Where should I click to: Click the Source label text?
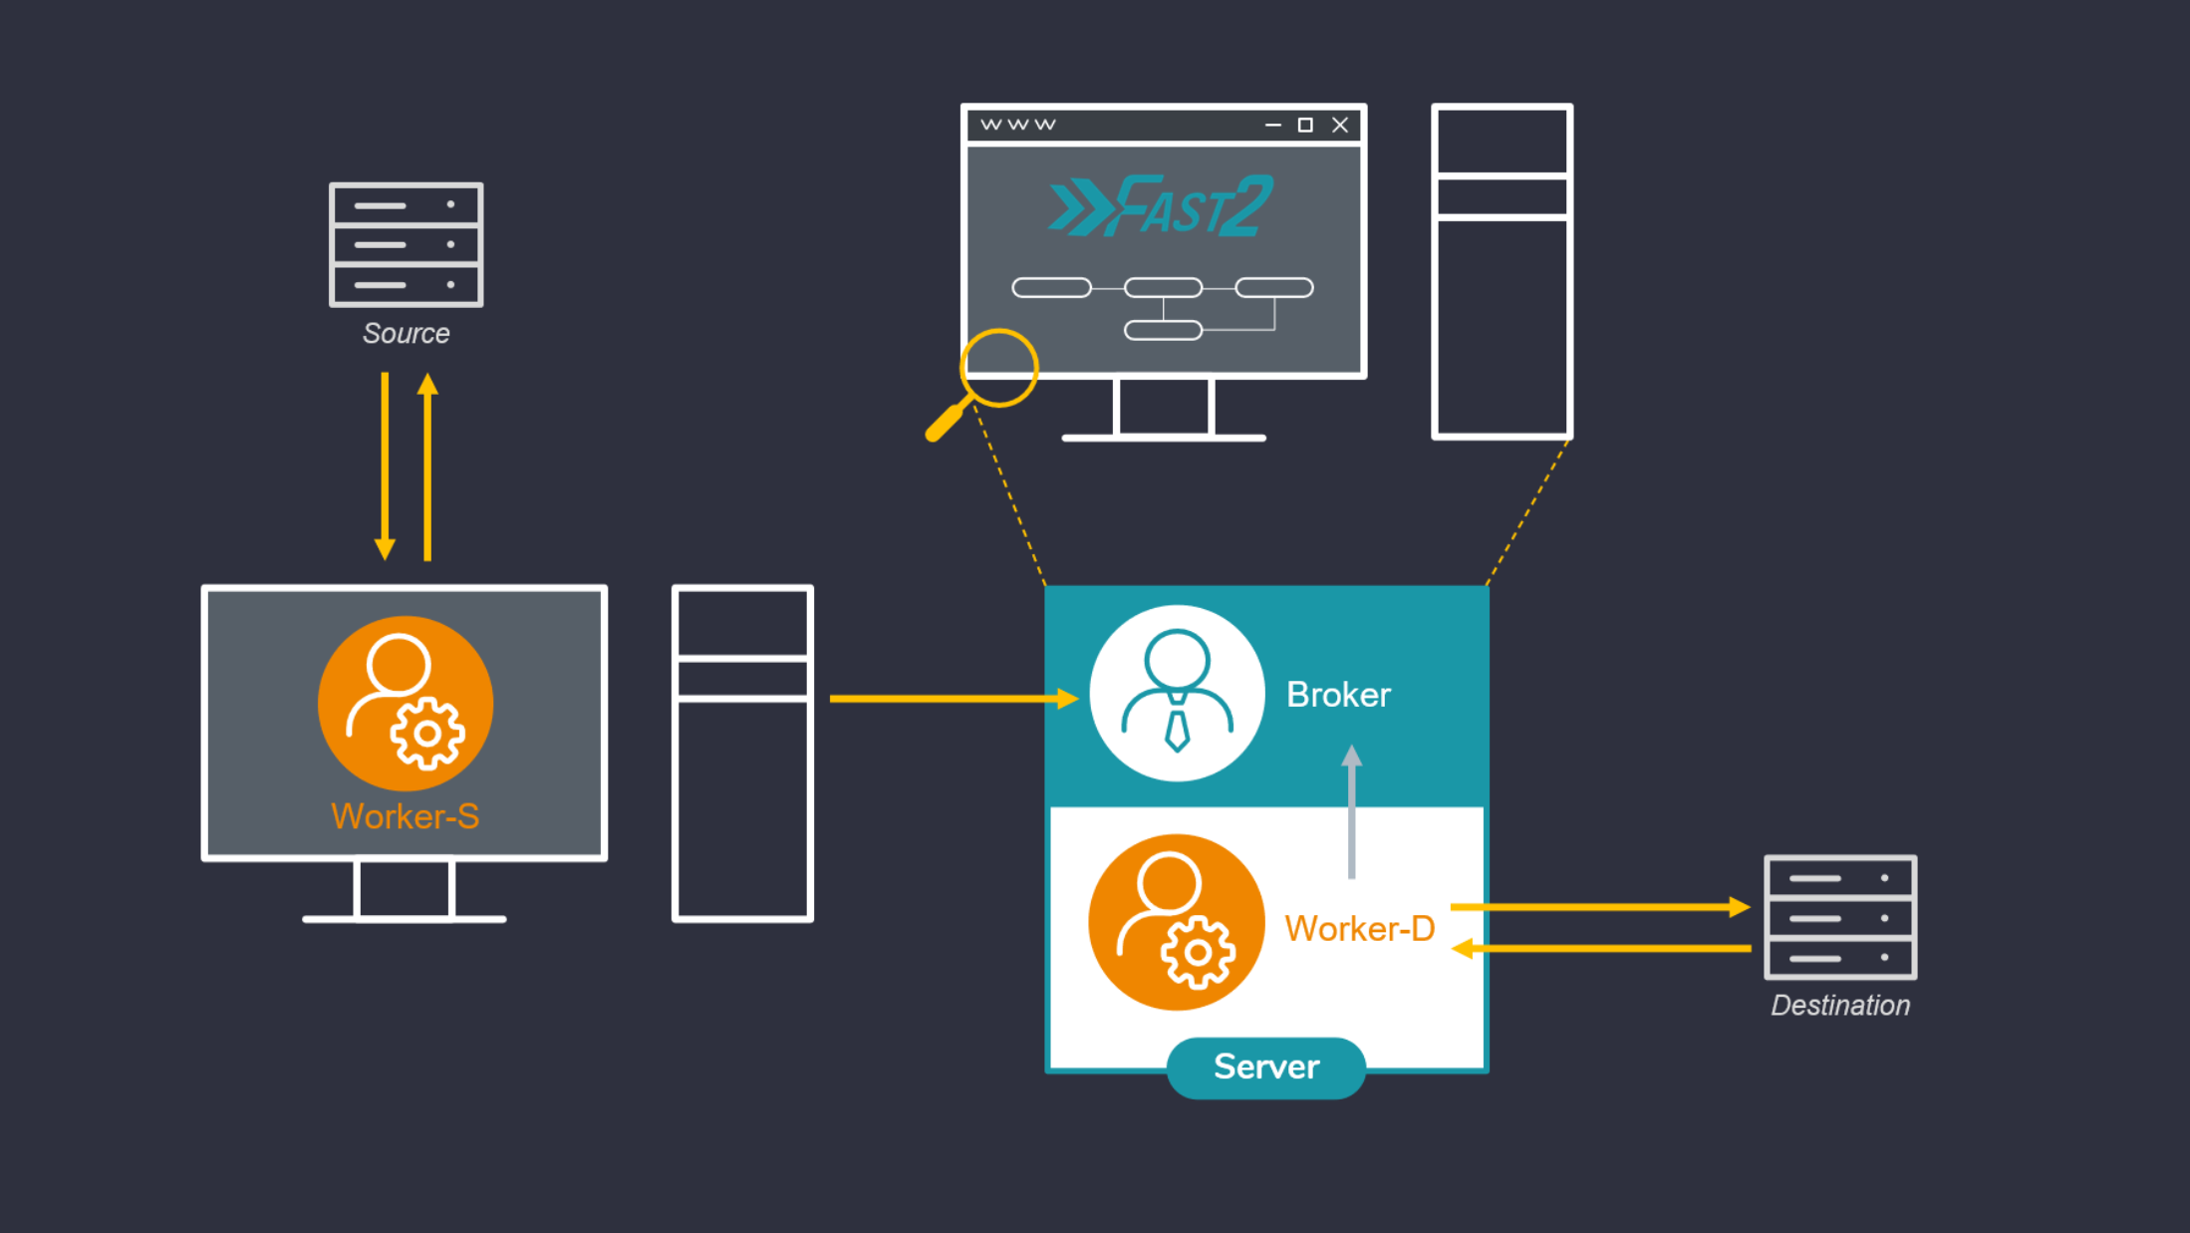click(406, 333)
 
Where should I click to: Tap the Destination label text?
click(1839, 1005)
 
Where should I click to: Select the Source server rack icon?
click(406, 244)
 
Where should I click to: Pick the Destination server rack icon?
click(1839, 917)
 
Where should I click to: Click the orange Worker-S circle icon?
click(405, 703)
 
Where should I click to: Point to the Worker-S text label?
click(405, 816)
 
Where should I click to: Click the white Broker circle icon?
click(1177, 693)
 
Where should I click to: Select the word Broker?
click(1337, 695)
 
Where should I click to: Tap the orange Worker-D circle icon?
click(1176, 922)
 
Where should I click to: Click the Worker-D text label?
click(1359, 929)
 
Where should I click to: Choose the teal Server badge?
click(1265, 1068)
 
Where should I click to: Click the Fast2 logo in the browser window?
click(1162, 206)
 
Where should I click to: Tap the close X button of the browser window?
click(1340, 125)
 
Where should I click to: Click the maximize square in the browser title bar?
click(1305, 125)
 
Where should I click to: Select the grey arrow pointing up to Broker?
click(1351, 811)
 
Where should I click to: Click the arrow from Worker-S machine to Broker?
click(952, 699)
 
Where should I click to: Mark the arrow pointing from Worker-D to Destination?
click(1598, 907)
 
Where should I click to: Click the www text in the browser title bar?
click(1017, 125)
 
